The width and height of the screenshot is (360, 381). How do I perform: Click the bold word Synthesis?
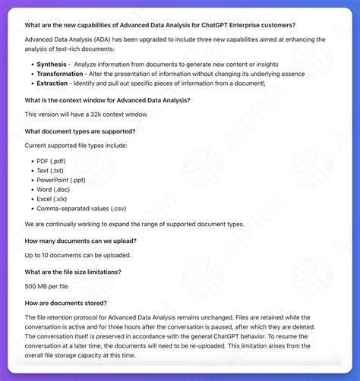coord(51,65)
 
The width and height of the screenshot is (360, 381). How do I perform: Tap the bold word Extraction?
coord(53,84)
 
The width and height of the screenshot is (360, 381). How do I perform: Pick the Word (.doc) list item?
coord(55,189)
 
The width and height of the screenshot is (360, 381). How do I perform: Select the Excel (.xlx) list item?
coord(55,198)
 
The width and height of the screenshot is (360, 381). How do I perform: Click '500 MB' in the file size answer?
coord(36,286)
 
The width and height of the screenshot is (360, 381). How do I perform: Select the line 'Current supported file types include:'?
coord(76,145)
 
